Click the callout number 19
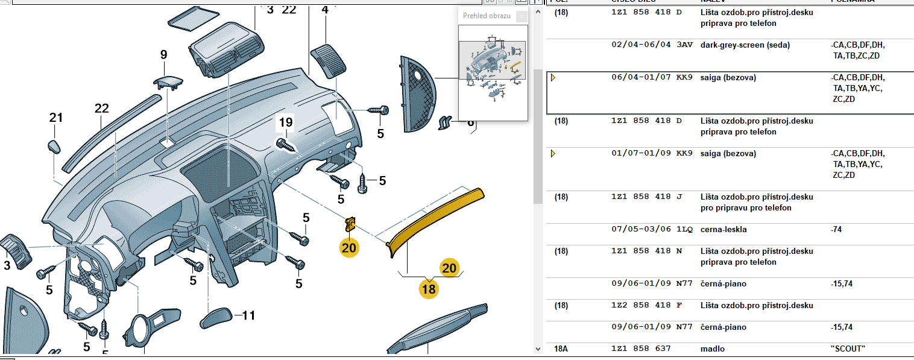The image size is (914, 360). tap(285, 123)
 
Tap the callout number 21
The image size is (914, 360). tap(56, 118)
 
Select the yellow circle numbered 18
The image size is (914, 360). tap(429, 289)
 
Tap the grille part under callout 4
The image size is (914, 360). tap(327, 60)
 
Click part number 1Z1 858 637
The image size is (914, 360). tap(641, 349)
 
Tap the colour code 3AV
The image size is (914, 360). tap(684, 45)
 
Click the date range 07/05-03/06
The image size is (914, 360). tap(641, 229)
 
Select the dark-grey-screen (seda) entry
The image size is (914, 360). tap(745, 45)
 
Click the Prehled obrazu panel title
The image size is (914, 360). tap(487, 16)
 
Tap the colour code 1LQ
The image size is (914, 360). tap(684, 229)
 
